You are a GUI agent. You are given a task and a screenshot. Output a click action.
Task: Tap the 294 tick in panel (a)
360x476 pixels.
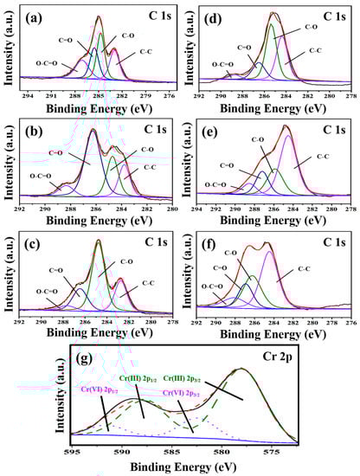pos(28,96)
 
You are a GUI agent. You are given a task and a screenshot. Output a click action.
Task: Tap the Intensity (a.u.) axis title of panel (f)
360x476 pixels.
pos(188,273)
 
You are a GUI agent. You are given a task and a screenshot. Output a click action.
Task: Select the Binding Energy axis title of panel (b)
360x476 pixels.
pos(100,220)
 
